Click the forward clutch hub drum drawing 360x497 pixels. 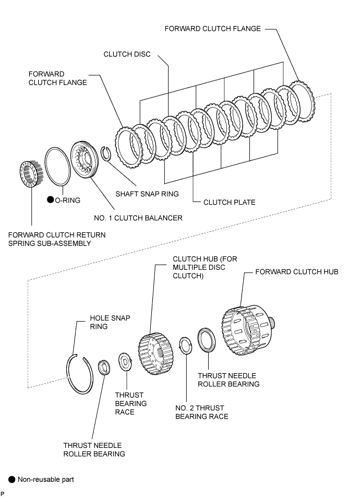(248, 329)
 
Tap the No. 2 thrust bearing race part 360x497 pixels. (185, 346)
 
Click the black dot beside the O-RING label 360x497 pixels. (50, 199)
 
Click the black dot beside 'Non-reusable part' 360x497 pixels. (11, 480)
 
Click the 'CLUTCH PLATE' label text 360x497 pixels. (229, 202)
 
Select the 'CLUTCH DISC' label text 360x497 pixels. (127, 54)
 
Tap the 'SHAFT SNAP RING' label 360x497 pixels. (147, 194)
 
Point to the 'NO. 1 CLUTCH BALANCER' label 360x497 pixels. (138, 218)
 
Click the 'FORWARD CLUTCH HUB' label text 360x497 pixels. (297, 272)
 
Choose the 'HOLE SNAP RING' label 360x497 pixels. (110, 322)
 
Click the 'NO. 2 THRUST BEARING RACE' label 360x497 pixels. (201, 412)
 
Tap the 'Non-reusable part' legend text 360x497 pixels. (45, 480)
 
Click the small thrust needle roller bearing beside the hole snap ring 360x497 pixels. (104, 368)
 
